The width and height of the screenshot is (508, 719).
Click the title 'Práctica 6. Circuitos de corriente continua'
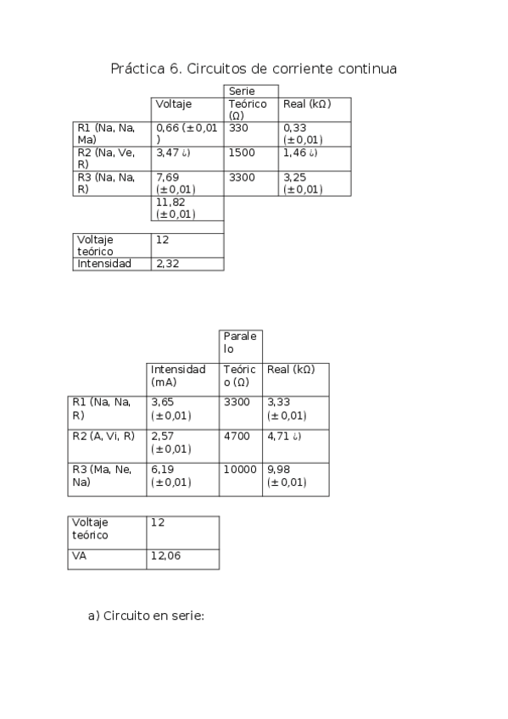click(254, 69)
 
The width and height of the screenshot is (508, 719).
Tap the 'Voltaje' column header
click(174, 104)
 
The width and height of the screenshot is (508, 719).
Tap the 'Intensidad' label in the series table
click(104, 264)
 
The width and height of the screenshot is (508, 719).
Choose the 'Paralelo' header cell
click(241, 343)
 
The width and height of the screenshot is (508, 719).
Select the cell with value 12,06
click(165, 556)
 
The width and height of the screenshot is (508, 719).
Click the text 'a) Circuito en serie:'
click(146, 616)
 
